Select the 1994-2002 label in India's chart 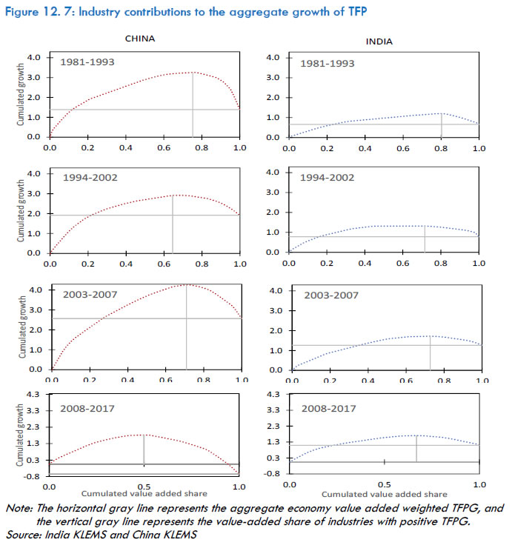coord(328,178)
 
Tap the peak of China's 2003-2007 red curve coord(186,284)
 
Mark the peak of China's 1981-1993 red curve coord(193,73)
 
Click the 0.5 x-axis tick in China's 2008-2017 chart coord(144,487)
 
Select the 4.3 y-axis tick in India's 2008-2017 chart coord(272,396)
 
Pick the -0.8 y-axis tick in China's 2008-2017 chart coord(33,477)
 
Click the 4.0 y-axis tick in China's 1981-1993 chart coord(34,57)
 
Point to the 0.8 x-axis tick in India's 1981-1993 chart coord(441,148)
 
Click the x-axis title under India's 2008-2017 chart coord(384,494)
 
